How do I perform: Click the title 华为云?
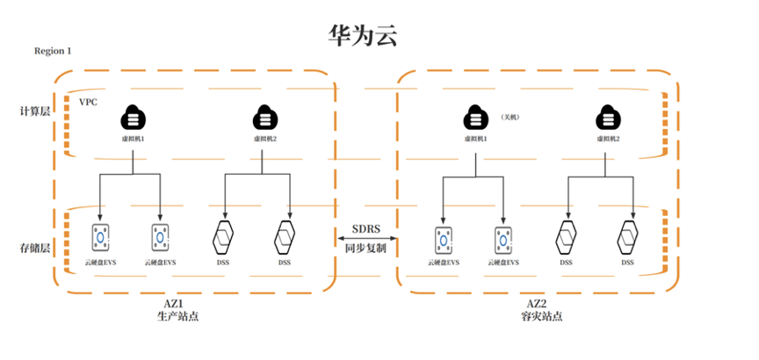[362, 36]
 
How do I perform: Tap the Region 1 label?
[53, 51]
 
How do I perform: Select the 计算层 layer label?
[36, 112]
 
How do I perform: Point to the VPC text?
[88, 102]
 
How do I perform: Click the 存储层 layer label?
[36, 248]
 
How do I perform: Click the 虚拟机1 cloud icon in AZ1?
[133, 117]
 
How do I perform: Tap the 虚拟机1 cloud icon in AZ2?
[474, 117]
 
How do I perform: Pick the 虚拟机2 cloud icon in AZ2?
[605, 117]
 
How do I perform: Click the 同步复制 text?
[368, 249]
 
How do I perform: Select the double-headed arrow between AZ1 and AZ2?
[368, 239]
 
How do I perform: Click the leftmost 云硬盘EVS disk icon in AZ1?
[102, 237]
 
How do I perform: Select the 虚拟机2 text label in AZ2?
[605, 139]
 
